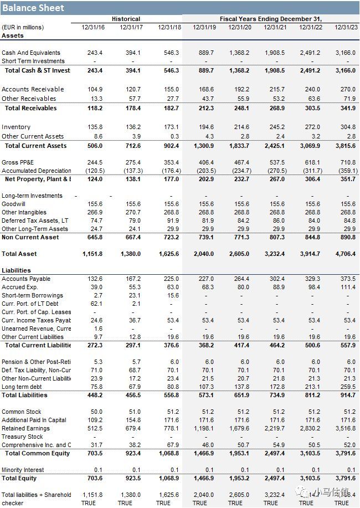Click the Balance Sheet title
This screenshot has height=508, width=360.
[x=33, y=8]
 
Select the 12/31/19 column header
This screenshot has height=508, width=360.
[x=204, y=27]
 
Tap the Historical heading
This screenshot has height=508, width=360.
[x=126, y=19]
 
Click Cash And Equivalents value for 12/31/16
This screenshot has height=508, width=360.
[x=95, y=53]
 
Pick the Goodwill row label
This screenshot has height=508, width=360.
[x=14, y=204]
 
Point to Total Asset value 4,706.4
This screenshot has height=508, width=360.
[x=344, y=254]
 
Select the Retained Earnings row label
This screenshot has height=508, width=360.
[x=26, y=428]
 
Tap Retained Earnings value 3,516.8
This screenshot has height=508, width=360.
[x=344, y=428]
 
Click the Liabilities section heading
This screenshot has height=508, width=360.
[x=16, y=270]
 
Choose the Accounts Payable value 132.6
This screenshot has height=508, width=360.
[x=95, y=279]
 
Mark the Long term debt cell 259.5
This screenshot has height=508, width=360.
[x=347, y=387]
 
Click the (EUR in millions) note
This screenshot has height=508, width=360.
[x=23, y=27]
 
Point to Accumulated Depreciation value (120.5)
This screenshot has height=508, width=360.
[x=94, y=171]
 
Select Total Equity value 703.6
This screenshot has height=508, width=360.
[x=95, y=478]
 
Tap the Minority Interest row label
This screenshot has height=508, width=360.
[x=23, y=470]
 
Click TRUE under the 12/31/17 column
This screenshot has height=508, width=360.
[x=125, y=503]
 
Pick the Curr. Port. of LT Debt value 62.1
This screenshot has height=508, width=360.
[x=95, y=304]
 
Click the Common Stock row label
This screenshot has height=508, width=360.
[x=22, y=412]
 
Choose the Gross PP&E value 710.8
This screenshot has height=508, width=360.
[x=347, y=162]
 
